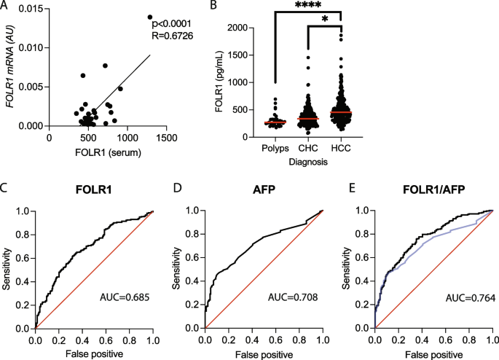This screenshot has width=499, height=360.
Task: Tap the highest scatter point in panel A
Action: [x=150, y=17]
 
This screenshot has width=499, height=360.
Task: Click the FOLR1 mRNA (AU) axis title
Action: [x=13, y=66]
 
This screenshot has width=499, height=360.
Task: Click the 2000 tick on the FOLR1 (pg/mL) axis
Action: [x=243, y=27]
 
